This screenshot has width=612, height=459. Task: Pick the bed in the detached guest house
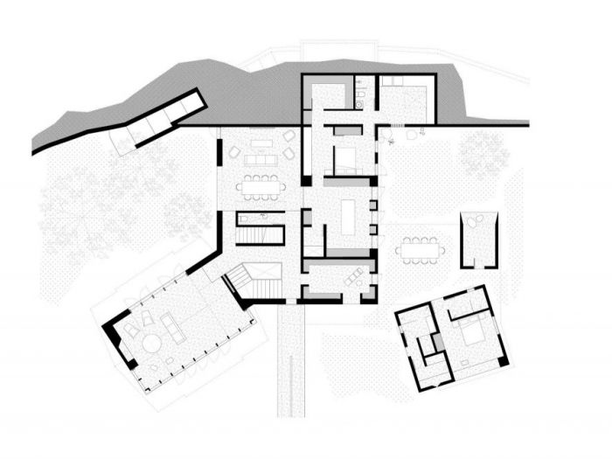[469, 337]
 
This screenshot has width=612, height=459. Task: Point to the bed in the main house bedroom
[343, 157]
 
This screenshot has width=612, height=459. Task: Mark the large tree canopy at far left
[83, 205]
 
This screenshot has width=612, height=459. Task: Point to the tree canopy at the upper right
[483, 153]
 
